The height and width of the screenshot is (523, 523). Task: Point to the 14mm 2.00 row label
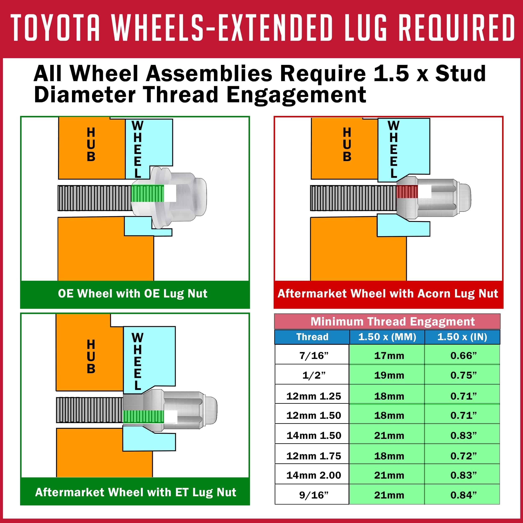(314, 475)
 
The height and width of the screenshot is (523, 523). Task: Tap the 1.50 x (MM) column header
(387, 337)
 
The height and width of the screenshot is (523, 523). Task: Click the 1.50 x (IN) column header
(462, 337)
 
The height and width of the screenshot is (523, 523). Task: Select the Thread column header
(312, 337)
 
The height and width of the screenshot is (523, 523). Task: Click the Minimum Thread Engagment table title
(392, 321)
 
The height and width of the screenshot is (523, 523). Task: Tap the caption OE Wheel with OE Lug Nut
(133, 294)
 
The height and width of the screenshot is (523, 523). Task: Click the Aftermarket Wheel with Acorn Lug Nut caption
(388, 294)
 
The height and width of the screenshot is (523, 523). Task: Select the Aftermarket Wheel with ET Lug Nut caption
(136, 492)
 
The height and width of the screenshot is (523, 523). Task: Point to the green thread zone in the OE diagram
(147, 194)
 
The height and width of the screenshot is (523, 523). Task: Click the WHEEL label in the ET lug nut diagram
(137, 361)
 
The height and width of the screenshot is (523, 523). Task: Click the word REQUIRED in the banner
(457, 28)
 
